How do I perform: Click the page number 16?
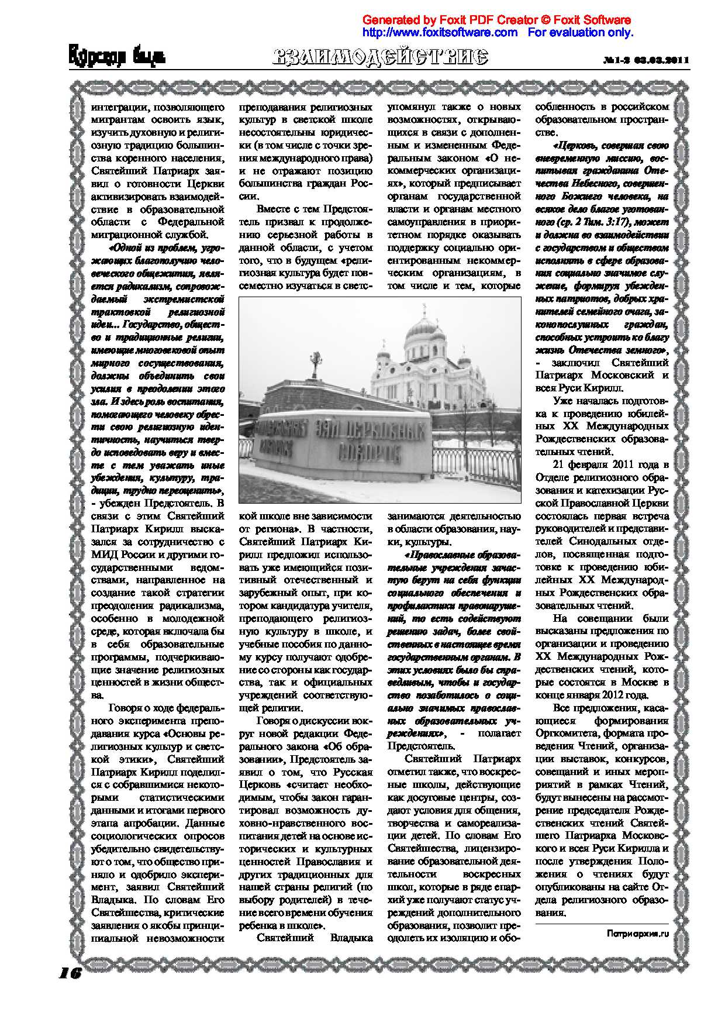tap(70, 973)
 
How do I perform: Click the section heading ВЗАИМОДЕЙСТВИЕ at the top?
tap(380, 57)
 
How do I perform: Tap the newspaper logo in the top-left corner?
tap(117, 57)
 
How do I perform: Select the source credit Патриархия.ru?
tap(637, 934)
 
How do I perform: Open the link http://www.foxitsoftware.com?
tap(440, 32)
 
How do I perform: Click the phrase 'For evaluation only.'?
tap(580, 32)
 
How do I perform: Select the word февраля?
tap(590, 465)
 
